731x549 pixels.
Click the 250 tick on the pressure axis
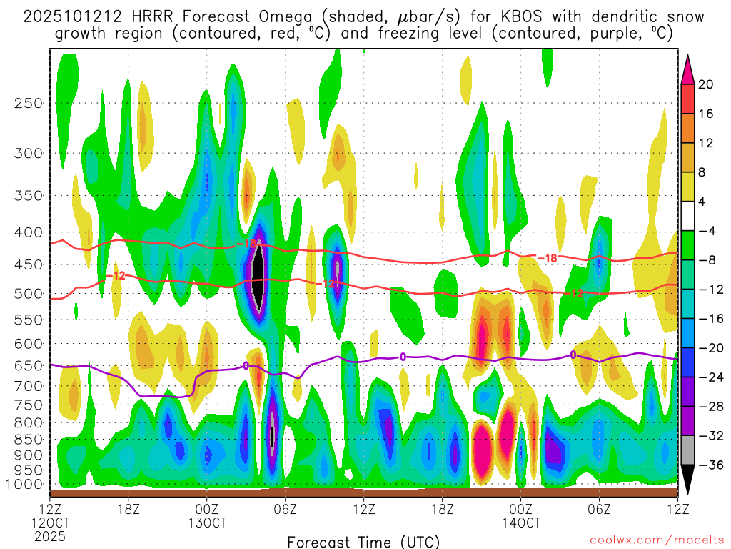coord(28,103)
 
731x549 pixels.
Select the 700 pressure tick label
coord(28,385)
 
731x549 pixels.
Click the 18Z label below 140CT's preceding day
coord(442,509)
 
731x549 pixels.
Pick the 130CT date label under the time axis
coord(207,523)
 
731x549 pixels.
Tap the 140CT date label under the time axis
coord(520,523)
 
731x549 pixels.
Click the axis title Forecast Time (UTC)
coord(363,541)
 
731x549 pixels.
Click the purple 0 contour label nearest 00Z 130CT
coord(246,365)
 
